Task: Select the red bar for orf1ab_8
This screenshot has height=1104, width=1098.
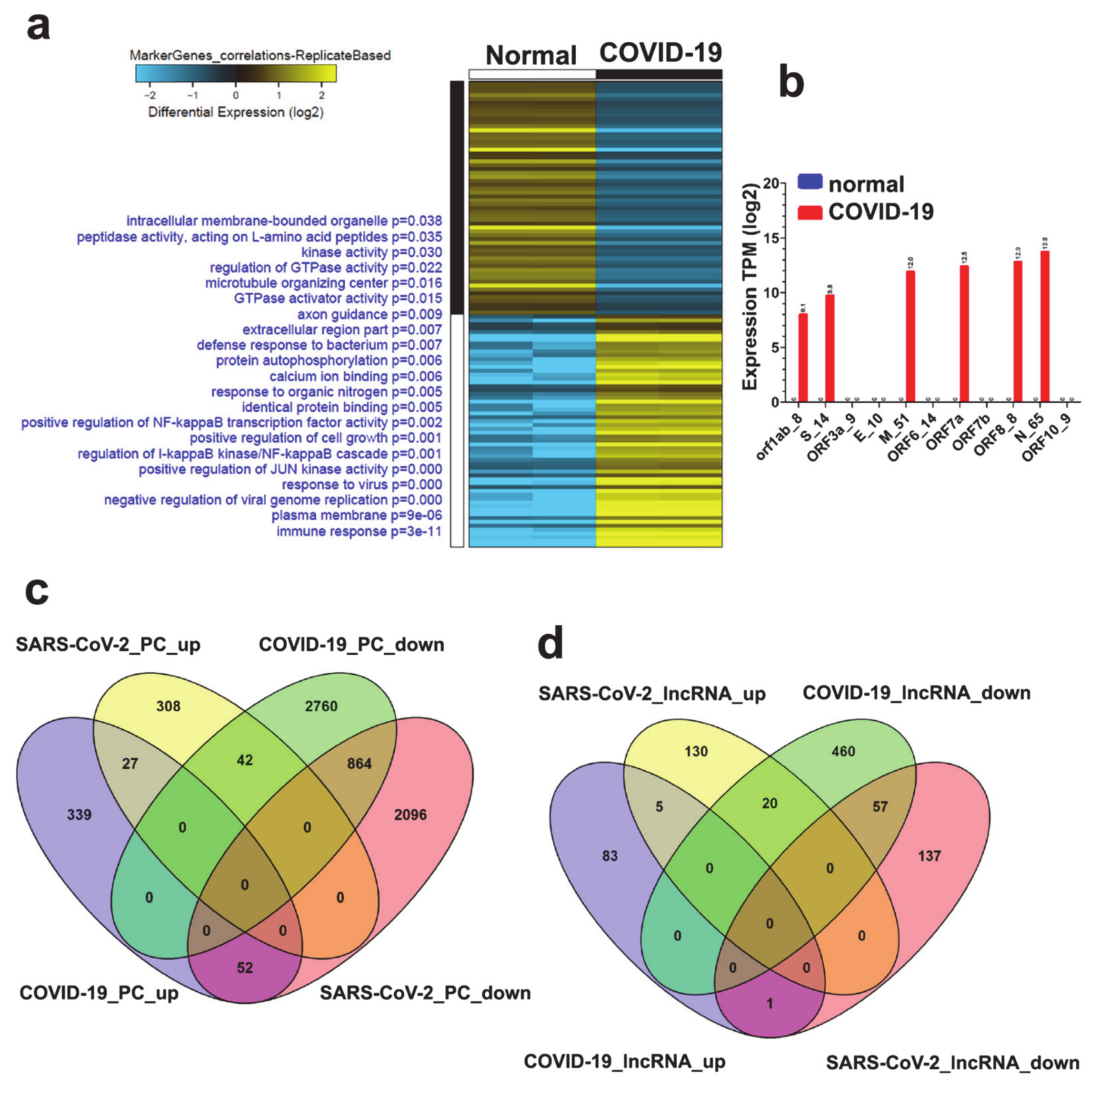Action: pyautogui.click(x=803, y=358)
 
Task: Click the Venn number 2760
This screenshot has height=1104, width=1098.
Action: pyautogui.click(x=321, y=706)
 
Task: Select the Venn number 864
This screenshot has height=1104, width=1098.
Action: pyautogui.click(x=359, y=764)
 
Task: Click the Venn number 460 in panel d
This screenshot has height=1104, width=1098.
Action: pyautogui.click(x=843, y=752)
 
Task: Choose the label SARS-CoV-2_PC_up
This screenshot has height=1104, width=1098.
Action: pyautogui.click(x=108, y=645)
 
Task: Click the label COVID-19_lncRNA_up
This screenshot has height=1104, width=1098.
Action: pyautogui.click(x=624, y=1061)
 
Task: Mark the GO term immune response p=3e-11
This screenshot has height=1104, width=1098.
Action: pyautogui.click(x=359, y=532)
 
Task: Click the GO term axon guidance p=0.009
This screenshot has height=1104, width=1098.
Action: pyautogui.click(x=369, y=314)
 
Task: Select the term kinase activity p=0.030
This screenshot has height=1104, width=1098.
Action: pyautogui.click(x=371, y=252)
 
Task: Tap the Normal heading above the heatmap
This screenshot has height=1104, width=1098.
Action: pyautogui.click(x=531, y=55)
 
